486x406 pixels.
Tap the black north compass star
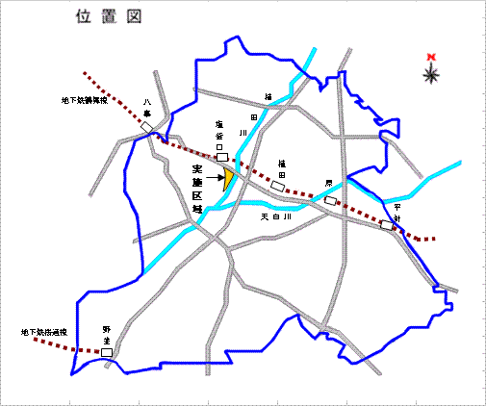pos(431,73)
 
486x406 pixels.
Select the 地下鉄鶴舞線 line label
pos(81,99)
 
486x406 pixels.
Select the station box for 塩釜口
pos(222,156)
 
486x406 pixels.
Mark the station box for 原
pos(331,201)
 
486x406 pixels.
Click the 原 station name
pos(327,182)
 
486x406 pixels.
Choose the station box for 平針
pos(387,225)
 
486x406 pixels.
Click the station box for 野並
pos(107,353)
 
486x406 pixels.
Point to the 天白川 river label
pos(275,217)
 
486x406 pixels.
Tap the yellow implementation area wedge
pos(229,178)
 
